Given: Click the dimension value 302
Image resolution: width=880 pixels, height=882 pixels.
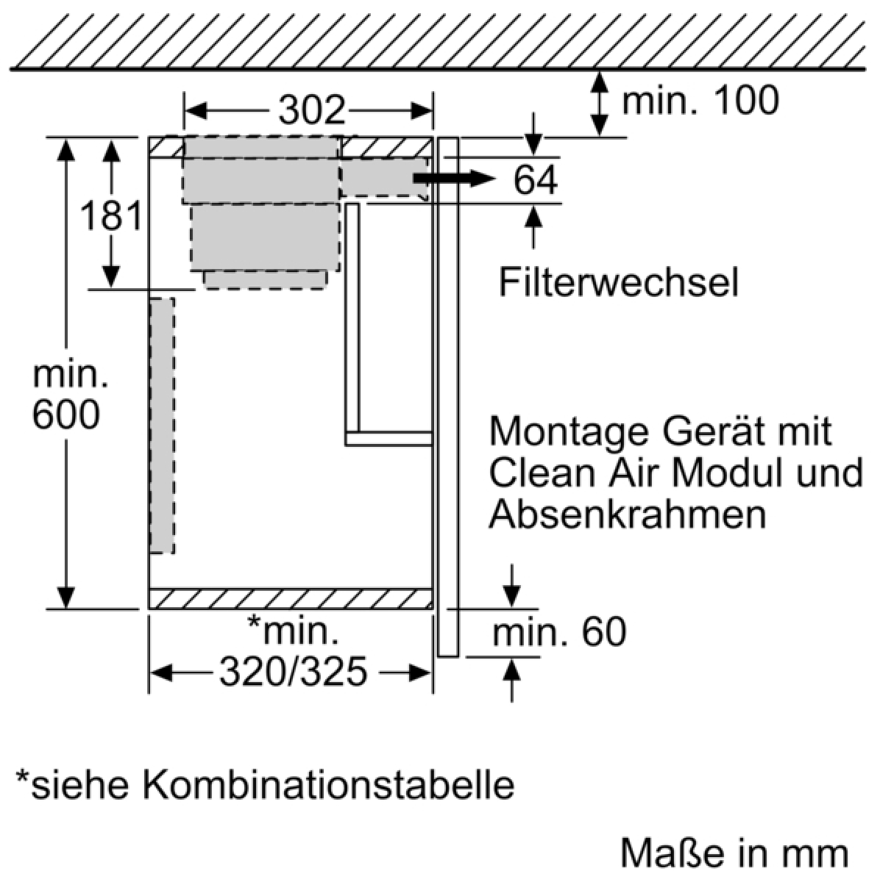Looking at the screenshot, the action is tap(312, 110).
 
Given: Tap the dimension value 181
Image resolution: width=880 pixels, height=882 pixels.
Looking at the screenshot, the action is tap(111, 215).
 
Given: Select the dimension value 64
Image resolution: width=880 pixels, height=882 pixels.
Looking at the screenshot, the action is tap(536, 180).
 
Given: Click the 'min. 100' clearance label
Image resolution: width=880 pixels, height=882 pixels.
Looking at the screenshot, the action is tap(700, 100).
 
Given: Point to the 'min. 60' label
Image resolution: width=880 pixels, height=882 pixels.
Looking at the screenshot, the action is tap(559, 633).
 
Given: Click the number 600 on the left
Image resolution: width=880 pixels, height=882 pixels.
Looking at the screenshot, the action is tap(66, 415).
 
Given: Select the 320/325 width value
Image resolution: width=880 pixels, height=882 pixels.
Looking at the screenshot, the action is tap(294, 673).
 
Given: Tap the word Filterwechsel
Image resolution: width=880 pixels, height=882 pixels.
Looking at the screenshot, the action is tap(619, 282).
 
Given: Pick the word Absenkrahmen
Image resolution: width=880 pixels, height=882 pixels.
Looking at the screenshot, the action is tap(628, 514).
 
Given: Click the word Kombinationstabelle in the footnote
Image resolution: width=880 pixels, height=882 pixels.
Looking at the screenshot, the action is tap(329, 786).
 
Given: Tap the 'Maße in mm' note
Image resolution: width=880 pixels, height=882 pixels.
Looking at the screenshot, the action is tap(734, 853).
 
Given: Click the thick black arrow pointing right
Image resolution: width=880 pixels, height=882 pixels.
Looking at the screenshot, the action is tap(454, 178).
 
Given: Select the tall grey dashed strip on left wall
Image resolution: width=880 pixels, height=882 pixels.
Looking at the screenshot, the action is tap(162, 426).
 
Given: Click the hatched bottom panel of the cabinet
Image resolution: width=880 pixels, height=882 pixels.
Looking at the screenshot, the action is tap(291, 599).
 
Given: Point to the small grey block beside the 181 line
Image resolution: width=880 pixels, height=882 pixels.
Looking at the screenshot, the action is tap(265, 280).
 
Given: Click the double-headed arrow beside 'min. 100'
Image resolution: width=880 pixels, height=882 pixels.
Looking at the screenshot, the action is tap(600, 104).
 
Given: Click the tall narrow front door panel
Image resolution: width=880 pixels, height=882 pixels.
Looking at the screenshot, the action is tap(448, 397).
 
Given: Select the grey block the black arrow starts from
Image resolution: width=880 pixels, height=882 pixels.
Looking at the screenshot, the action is tap(384, 178).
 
